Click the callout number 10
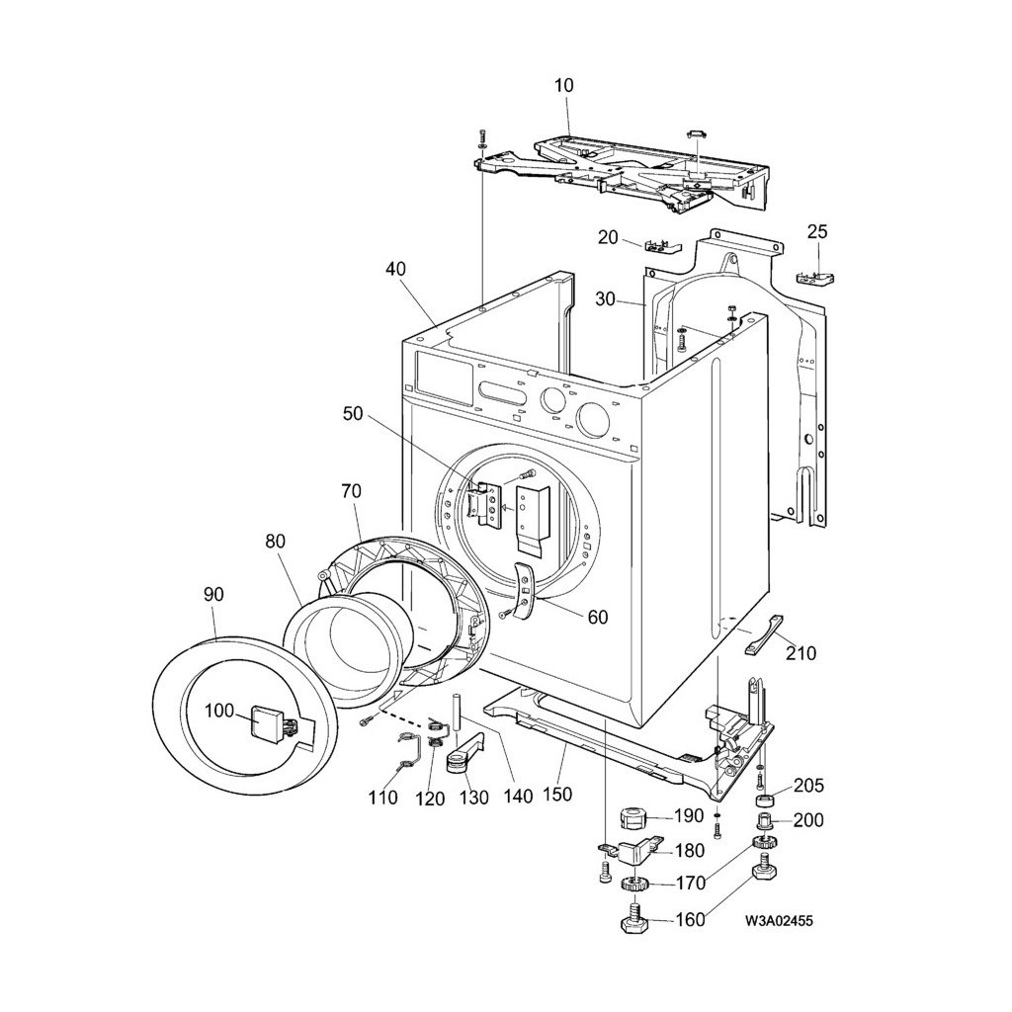(563, 86)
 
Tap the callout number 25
(817, 232)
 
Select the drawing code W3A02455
(780, 921)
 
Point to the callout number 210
(801, 652)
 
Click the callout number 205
(808, 786)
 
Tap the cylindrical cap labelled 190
(632, 817)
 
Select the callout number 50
(353, 414)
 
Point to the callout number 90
(213, 594)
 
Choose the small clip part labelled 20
(660, 245)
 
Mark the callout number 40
(395, 269)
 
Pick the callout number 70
(351, 490)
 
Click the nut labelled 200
(764, 820)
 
